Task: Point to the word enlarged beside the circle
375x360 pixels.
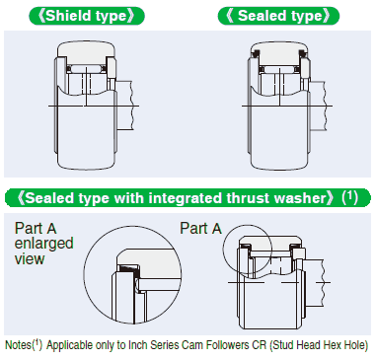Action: click(x=43, y=244)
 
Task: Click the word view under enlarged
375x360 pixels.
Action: click(x=30, y=258)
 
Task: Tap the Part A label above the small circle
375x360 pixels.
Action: click(x=200, y=228)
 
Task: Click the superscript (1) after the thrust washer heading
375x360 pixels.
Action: click(x=349, y=196)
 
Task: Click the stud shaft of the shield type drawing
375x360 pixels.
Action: click(x=125, y=106)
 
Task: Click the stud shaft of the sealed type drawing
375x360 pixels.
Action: click(x=319, y=107)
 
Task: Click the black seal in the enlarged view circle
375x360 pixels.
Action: click(x=129, y=269)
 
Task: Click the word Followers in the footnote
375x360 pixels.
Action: click(x=228, y=345)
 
